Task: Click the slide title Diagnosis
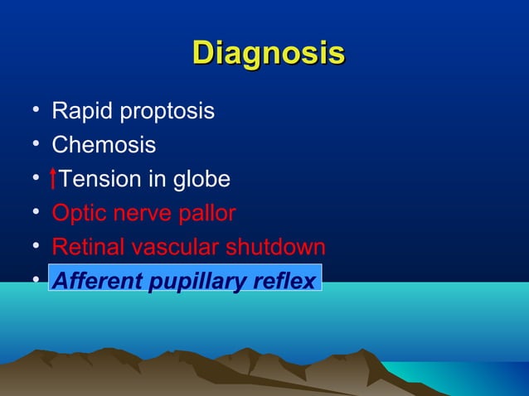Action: [x=268, y=52]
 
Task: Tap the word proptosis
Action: [x=165, y=112]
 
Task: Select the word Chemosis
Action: [x=104, y=146]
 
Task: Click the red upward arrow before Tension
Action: [x=54, y=179]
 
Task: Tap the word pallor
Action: [x=207, y=215]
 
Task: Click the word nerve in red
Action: [x=142, y=215]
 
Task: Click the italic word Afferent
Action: [x=94, y=282]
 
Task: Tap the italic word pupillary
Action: [x=193, y=283]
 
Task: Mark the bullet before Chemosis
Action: [x=29, y=145]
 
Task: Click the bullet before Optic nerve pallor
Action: [x=29, y=213]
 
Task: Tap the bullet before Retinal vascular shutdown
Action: [x=29, y=247]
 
